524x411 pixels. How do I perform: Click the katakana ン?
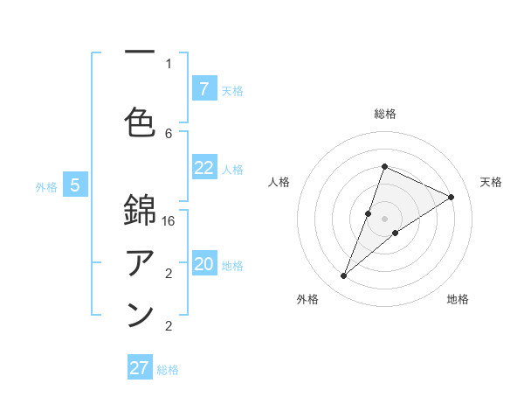tap(140, 314)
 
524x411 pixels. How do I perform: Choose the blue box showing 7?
tap(203, 88)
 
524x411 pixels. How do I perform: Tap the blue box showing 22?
tap(203, 168)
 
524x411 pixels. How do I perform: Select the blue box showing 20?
tap(203, 264)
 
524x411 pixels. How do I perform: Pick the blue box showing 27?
tap(140, 368)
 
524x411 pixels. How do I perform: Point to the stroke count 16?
tap(169, 222)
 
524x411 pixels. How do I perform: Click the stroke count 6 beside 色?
tap(169, 133)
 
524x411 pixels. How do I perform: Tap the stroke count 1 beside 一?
tap(169, 63)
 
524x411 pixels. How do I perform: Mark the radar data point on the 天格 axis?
tap(452, 197)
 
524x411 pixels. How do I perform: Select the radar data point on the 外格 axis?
tap(343, 276)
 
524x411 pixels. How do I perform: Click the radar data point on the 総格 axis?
tap(384, 166)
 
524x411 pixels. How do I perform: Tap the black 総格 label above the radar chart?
tap(384, 114)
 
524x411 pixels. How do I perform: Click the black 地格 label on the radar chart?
tap(458, 300)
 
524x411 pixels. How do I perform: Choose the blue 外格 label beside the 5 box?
tap(45, 186)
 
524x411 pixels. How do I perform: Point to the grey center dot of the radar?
tap(384, 219)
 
